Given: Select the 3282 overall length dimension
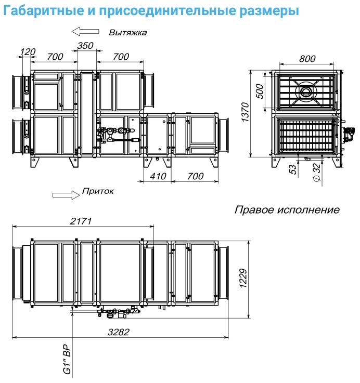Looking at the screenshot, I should pos(119,332).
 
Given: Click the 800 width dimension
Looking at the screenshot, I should pos(307,59).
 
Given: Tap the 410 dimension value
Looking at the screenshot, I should pos(157,176).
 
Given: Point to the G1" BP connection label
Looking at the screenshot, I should pos(66,360).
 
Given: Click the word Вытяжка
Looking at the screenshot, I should pos(127,32).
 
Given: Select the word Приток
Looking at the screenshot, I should pos(97,192).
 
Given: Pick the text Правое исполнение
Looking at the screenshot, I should pos(287,210).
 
